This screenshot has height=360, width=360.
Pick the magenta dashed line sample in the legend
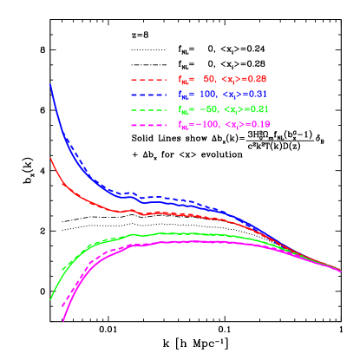tap(149, 124)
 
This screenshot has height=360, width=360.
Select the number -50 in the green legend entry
tap(206, 109)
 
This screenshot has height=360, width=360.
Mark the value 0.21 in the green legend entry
tap(258, 109)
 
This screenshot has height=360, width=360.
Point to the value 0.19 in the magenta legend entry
tap(258, 124)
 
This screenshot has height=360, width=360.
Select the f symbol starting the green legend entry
tap(181, 109)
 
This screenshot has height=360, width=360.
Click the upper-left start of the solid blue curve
tap(50, 85)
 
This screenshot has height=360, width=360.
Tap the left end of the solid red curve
tap(50, 158)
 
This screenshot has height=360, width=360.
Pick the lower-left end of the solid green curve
tap(50, 299)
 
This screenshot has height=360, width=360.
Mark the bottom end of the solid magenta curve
tap(63, 320)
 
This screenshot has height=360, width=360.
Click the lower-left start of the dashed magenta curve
tap(61, 306)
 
